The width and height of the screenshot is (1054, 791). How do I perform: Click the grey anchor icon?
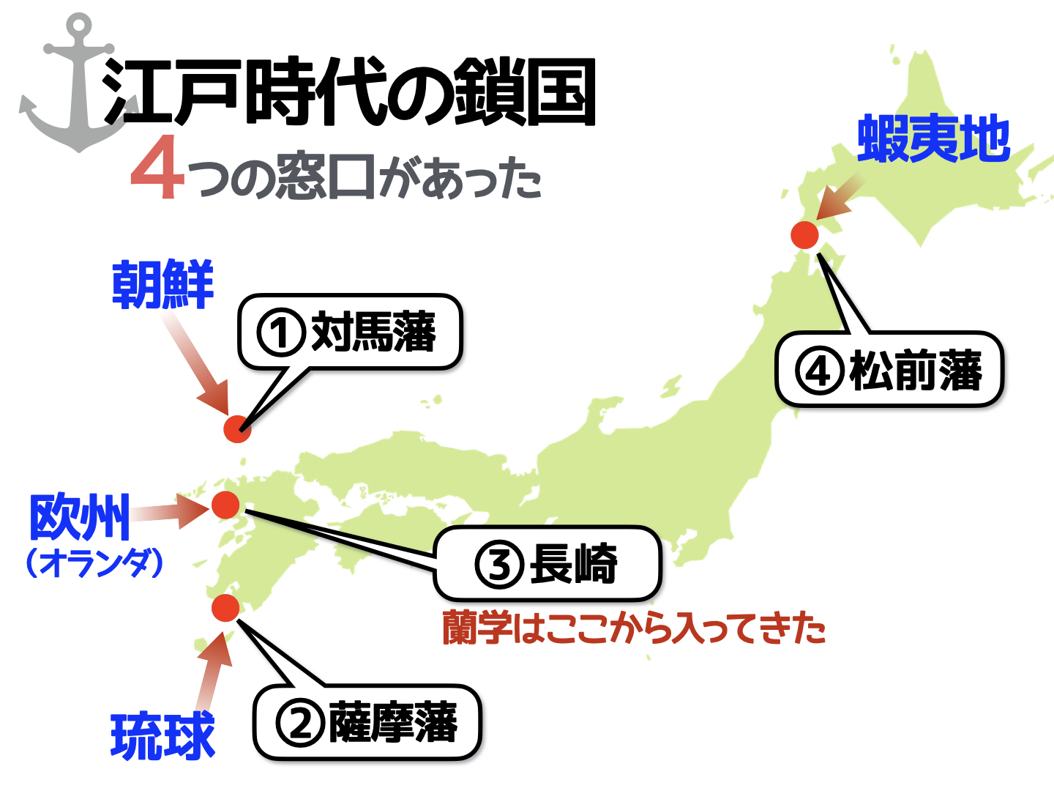coord(79,92)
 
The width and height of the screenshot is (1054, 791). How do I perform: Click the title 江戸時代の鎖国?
coord(349,92)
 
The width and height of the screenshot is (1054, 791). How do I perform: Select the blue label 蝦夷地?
coord(933,138)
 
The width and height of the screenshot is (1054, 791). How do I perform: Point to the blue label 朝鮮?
coord(162,284)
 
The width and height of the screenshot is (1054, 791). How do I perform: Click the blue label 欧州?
coord(80,517)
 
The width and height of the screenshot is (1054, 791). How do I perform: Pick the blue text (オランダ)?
coord(94,563)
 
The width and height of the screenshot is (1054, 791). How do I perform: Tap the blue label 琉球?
coord(162,736)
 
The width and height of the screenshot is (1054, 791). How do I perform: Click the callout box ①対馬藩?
coord(350,332)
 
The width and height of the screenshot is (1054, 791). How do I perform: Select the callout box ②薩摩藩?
coord(367,722)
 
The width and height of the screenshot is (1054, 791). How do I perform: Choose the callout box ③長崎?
coord(547,564)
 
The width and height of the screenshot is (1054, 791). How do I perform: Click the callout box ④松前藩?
coord(889,370)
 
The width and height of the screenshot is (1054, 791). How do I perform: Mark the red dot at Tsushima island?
coord(237,429)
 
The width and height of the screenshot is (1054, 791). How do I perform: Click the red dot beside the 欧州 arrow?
coord(225,505)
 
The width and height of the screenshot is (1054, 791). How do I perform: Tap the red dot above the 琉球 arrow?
coord(225,608)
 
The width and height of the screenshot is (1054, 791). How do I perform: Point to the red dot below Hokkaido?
coord(804,235)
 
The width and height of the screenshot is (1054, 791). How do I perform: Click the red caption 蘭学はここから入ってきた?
coord(634,628)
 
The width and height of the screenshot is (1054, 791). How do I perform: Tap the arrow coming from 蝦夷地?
coord(840,197)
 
